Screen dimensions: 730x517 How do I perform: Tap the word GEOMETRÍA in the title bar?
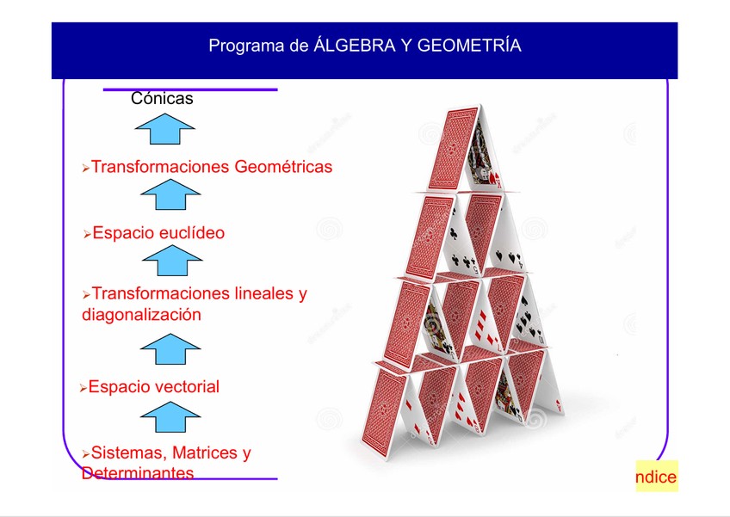pos(469,46)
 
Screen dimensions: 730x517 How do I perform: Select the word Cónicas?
pos(162,99)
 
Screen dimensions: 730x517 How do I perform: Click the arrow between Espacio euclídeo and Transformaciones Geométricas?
pos(170,197)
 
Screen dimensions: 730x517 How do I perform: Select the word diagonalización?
pos(141,315)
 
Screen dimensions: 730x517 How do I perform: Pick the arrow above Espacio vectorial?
pos(170,349)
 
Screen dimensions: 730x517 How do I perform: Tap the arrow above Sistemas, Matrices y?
pos(170,418)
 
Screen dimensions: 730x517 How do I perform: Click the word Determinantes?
pos(138,473)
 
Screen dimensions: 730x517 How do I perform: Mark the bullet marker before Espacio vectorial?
pos(83,389)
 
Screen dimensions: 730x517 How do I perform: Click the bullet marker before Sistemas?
pos(85,454)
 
